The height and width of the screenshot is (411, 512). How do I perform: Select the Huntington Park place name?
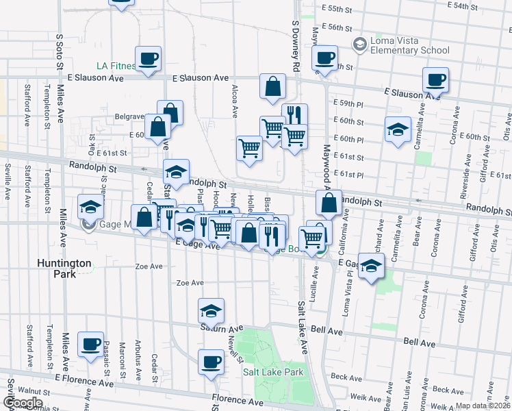64,268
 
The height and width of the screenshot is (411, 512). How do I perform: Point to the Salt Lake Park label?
272,372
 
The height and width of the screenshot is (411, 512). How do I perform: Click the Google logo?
23,402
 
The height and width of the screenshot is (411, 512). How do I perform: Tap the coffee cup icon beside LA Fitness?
148,59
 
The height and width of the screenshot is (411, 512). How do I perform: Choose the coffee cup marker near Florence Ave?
211,361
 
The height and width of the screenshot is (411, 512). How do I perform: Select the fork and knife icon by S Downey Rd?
294,115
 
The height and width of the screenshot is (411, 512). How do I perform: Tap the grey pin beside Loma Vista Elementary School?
359,45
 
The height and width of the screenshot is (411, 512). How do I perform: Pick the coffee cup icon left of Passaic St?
90,345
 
